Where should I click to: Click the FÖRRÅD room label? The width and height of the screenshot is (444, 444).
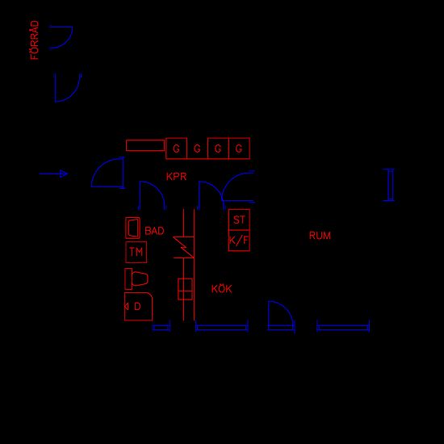point(35,40)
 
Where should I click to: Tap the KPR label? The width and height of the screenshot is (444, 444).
point(177,177)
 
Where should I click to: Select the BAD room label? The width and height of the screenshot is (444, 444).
point(154,231)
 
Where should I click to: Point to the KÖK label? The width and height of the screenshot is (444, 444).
point(221,288)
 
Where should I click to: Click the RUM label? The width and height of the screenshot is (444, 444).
point(320,236)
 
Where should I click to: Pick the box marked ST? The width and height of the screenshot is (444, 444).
point(239,220)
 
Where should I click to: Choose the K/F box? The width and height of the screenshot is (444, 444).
point(239,241)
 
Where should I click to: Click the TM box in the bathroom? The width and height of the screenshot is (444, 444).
point(136,252)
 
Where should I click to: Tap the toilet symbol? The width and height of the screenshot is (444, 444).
point(136,279)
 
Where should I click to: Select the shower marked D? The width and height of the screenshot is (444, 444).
point(138,307)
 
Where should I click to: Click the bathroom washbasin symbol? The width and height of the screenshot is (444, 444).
point(133,228)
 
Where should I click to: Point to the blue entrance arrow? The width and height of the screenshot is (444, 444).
point(53,174)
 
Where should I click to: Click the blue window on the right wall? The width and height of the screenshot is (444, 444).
point(391,185)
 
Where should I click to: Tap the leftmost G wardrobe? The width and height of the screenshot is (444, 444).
point(176,149)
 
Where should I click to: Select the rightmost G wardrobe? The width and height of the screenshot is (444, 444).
point(239,149)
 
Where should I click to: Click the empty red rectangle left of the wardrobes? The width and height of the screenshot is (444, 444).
point(145,145)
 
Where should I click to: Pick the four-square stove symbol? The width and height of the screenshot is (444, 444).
point(185,289)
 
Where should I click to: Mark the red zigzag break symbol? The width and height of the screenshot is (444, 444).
point(184,247)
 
